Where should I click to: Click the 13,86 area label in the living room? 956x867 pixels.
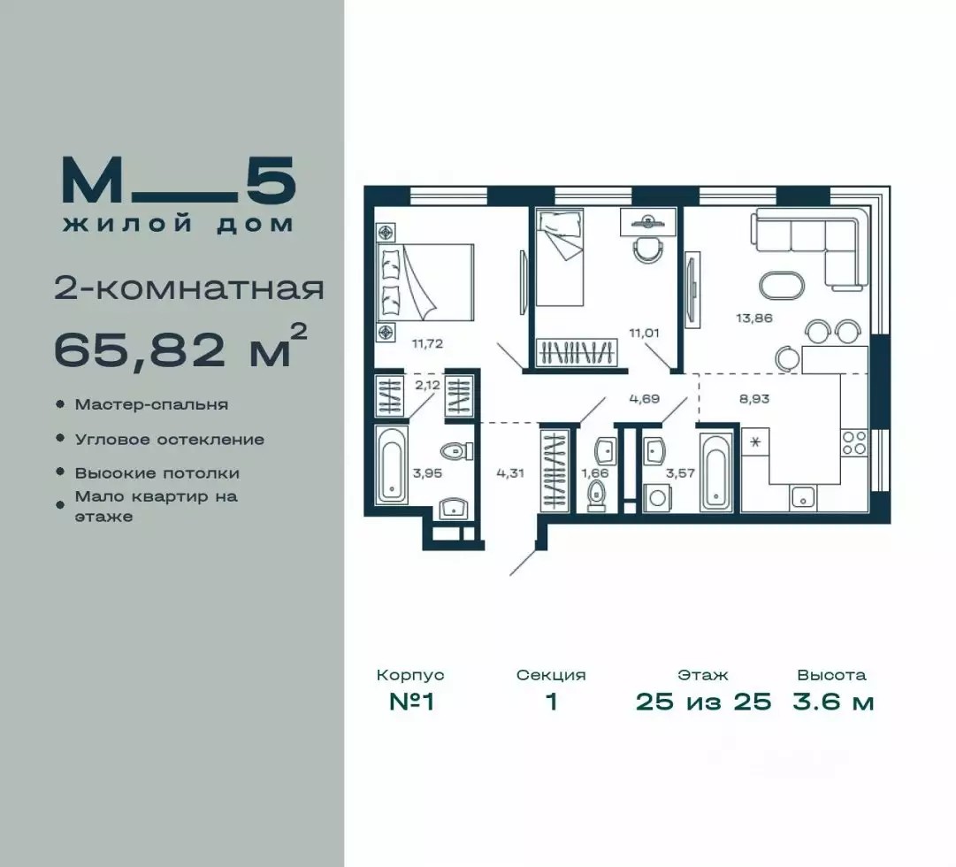(754, 318)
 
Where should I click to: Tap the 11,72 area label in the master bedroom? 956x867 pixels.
(427, 343)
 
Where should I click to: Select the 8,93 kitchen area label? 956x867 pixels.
(754, 399)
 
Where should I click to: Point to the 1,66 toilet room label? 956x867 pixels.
(594, 472)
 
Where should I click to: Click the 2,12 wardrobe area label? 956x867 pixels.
(427, 386)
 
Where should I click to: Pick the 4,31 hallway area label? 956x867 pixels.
(510, 472)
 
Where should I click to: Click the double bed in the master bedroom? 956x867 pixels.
(425, 282)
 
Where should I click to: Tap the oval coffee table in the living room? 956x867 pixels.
(782, 286)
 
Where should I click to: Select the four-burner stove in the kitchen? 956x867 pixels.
(855, 442)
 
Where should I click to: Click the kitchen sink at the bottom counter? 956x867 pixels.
(803, 498)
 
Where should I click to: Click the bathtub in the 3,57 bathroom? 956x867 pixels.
(716, 472)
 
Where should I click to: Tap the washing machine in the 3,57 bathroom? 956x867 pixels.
(656, 498)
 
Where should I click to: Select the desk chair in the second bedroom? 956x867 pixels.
(648, 249)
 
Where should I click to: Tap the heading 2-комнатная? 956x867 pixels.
(189, 289)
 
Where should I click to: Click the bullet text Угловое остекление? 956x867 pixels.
(170, 440)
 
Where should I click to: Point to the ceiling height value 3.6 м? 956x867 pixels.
(833, 702)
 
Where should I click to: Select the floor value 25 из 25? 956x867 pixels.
(704, 702)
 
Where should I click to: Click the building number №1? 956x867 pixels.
(411, 702)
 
